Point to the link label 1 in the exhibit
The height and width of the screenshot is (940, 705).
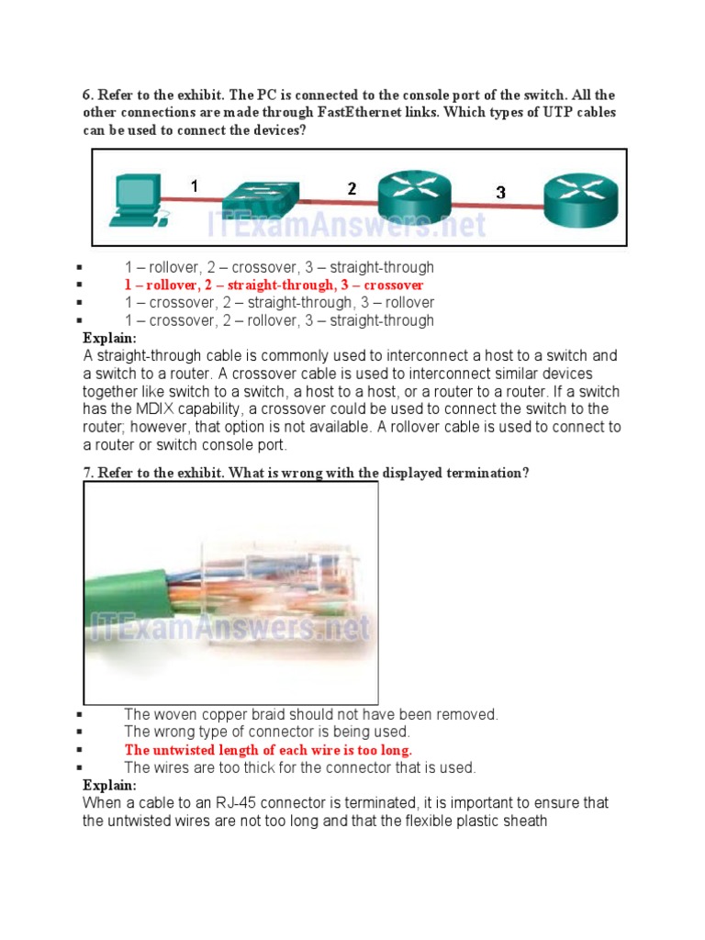tap(195, 186)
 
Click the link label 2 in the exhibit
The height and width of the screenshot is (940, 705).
tap(352, 188)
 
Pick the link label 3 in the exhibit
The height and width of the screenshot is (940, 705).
tap(500, 193)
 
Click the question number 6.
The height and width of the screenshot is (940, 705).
tap(88, 95)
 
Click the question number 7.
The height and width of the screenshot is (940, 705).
tap(88, 473)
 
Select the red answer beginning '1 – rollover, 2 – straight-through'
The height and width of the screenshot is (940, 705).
tap(274, 285)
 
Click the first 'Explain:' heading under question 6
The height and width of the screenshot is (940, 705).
tap(109, 338)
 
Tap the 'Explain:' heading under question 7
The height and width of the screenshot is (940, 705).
tap(109, 786)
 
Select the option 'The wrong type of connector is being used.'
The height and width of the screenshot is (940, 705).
tap(267, 733)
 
